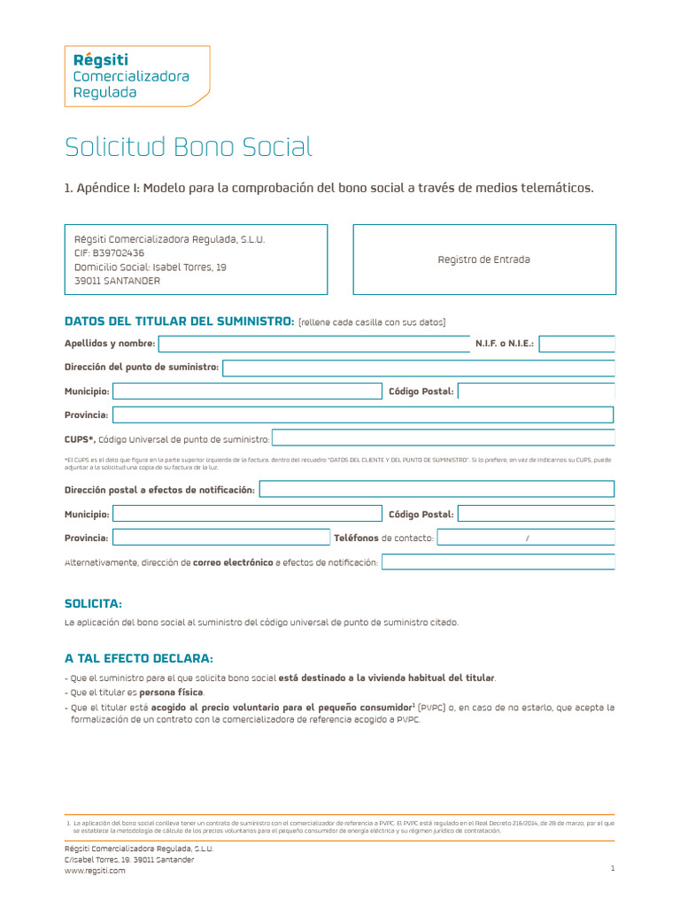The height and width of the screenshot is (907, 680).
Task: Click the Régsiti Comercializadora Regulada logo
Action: point(136,76)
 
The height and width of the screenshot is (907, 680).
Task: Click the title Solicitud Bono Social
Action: point(189,147)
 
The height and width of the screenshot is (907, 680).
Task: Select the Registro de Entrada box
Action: point(483,260)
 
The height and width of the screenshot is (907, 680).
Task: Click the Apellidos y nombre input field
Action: point(314,344)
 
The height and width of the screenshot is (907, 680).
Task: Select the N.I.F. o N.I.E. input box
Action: point(576,344)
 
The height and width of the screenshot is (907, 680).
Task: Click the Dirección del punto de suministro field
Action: point(418,368)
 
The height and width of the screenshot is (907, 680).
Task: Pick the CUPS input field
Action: point(443,438)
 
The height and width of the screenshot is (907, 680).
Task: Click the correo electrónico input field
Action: point(498,562)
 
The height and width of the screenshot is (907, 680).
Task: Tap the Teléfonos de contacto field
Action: point(526,538)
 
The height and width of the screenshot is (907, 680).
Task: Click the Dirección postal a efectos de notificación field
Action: point(437,490)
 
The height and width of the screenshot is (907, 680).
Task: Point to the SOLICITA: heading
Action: point(93,603)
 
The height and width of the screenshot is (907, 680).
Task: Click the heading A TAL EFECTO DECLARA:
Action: point(138,659)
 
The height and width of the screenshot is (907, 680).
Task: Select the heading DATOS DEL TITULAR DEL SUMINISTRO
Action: point(179,322)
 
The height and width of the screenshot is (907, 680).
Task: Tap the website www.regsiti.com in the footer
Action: point(95,871)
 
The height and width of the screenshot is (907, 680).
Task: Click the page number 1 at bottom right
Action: point(612,869)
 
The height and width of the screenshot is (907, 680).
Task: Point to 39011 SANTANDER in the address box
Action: point(118,281)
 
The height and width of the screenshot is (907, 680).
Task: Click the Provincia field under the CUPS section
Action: point(220,538)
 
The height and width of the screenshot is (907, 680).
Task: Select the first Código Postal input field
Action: point(536,391)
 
